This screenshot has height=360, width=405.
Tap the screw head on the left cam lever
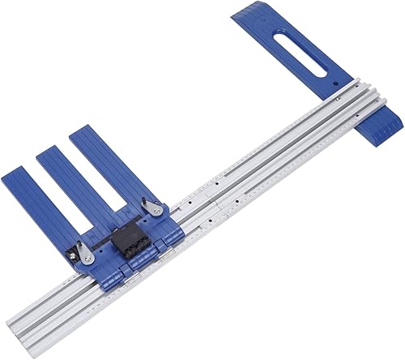[x=87, y=258]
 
